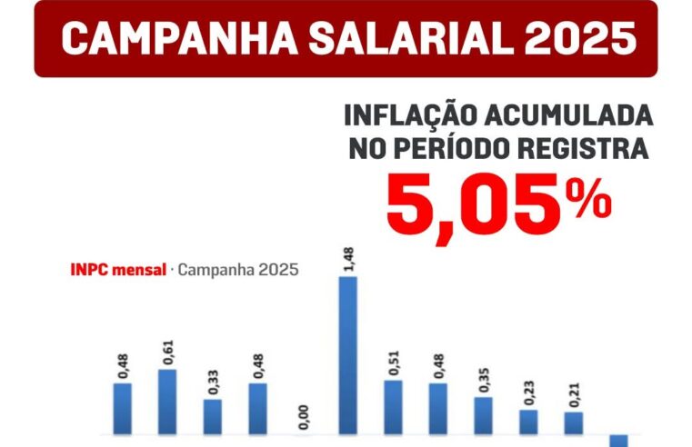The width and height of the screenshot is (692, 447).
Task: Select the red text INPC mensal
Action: (x=118, y=270)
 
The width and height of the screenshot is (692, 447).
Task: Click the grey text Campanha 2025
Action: (x=238, y=270)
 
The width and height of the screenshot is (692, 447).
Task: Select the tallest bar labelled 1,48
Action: (x=348, y=355)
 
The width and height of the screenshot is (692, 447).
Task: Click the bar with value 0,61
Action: (x=167, y=402)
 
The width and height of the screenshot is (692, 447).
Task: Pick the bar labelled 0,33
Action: (x=213, y=417)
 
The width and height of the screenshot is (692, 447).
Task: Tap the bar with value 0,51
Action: (x=393, y=407)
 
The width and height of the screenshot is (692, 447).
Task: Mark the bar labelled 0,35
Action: (x=483, y=415)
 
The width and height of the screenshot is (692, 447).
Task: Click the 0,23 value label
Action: (x=528, y=392)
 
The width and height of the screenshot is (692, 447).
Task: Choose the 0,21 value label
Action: (x=573, y=394)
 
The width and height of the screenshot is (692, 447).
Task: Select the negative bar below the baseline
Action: (x=618, y=441)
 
